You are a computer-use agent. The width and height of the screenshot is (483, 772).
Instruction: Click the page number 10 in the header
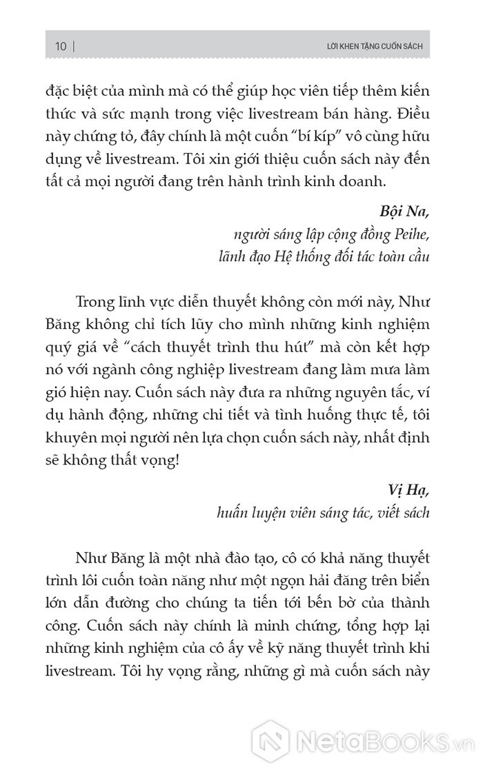[60, 47]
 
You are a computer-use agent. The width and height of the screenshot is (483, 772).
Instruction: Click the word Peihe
[410, 235]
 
